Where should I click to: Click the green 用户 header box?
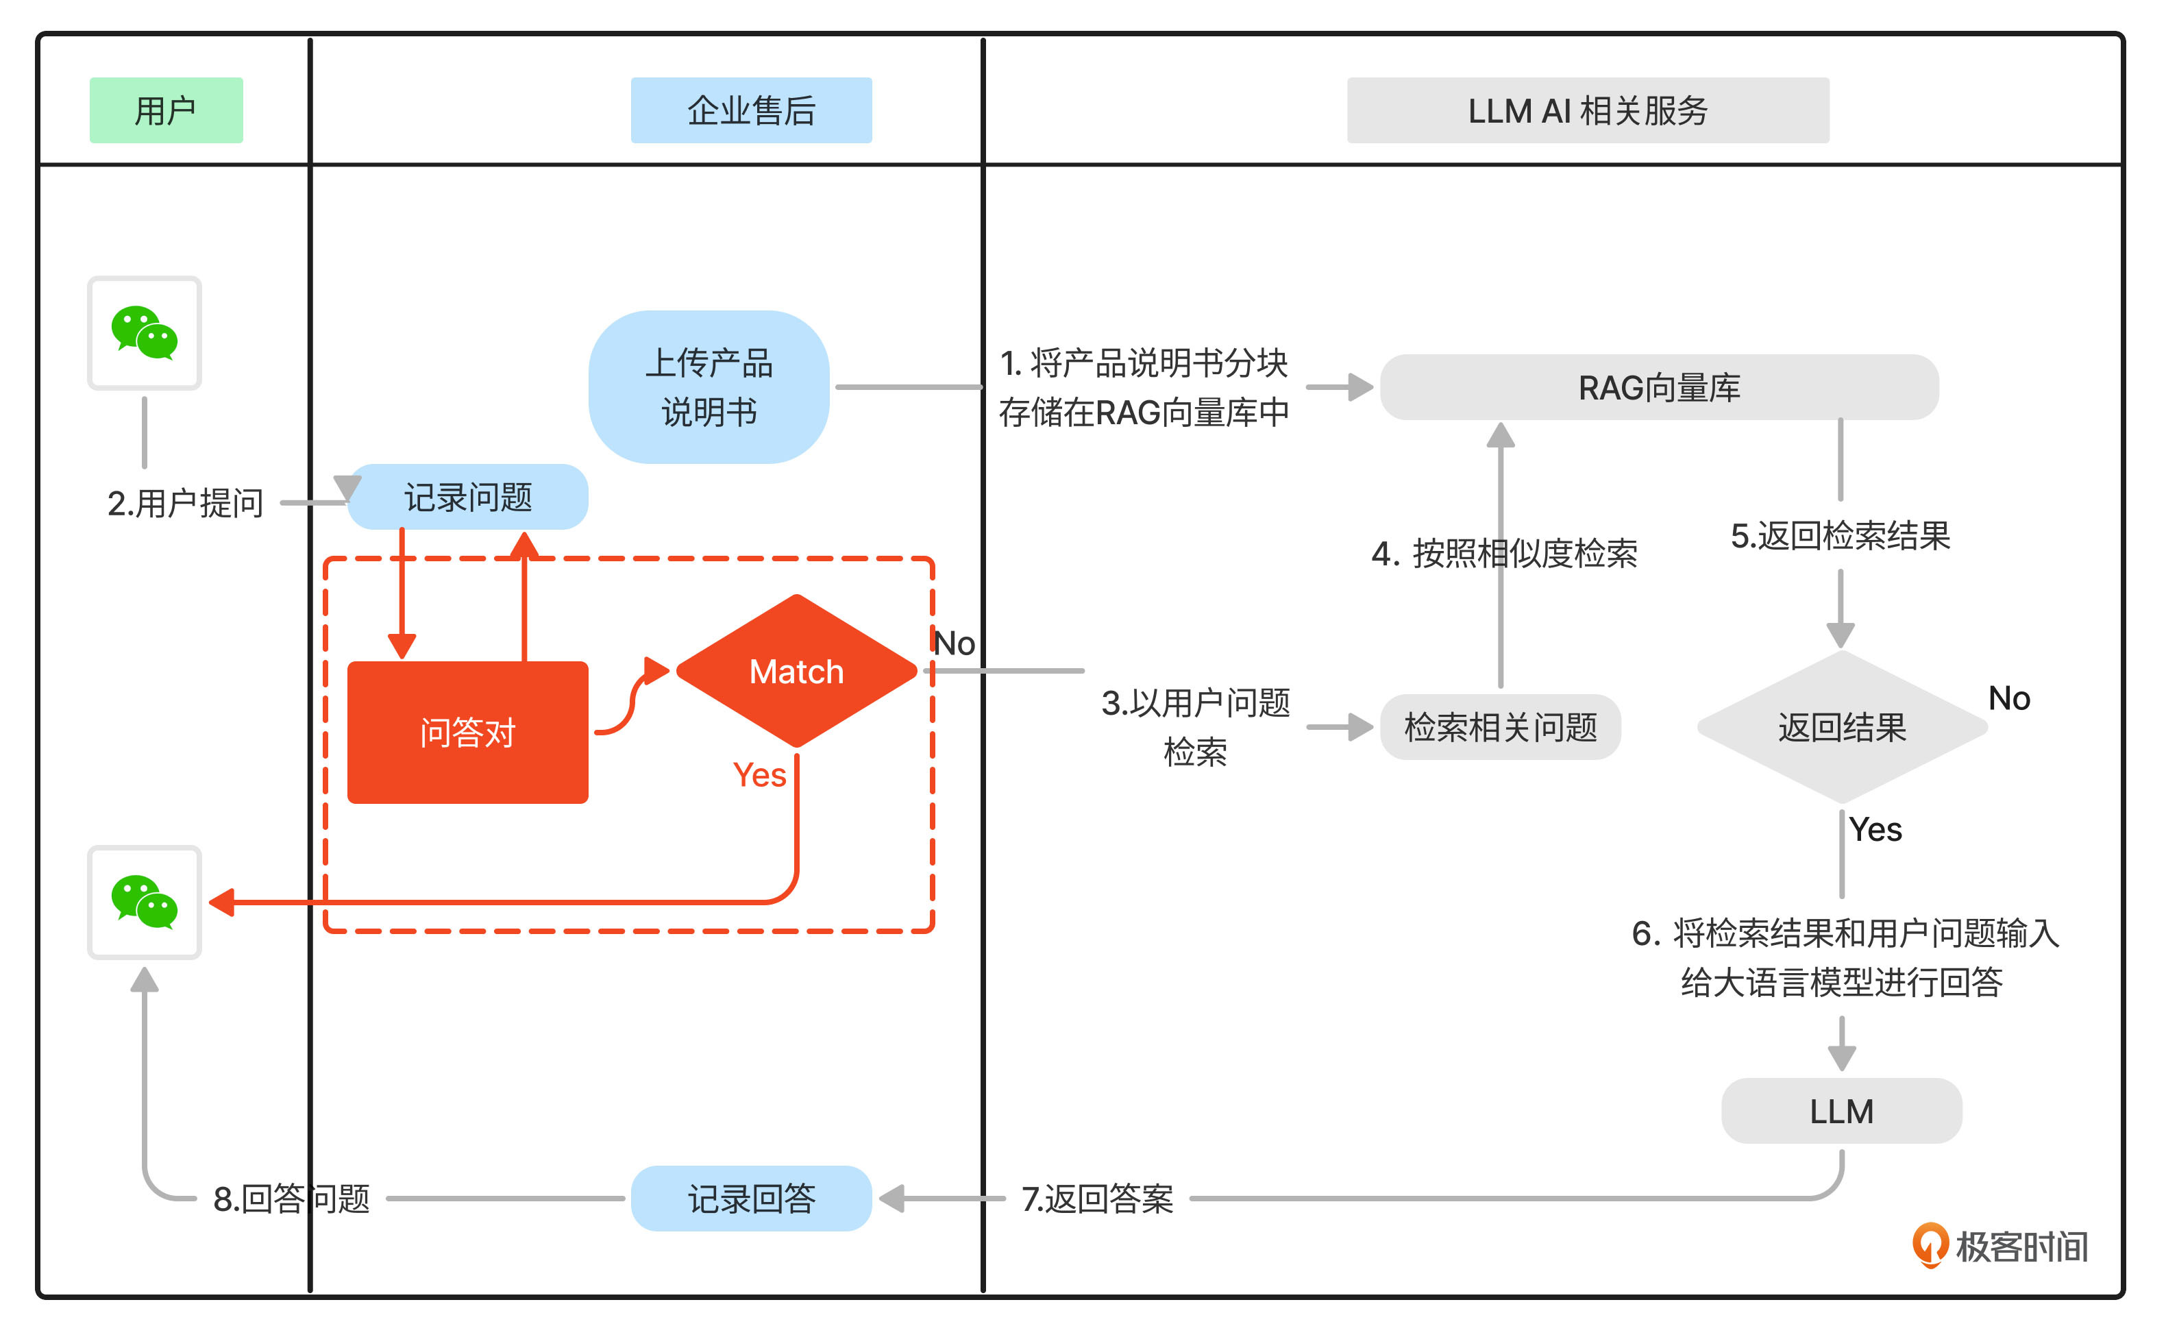[167, 110]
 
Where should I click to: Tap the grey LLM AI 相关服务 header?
[1587, 110]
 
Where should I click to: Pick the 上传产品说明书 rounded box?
[709, 387]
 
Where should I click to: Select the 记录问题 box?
[468, 497]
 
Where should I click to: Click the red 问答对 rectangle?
[468, 732]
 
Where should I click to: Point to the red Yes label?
[759, 774]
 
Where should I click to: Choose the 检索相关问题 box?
[1499, 727]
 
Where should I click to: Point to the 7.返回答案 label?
[1097, 1198]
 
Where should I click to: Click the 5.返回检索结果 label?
[1840, 535]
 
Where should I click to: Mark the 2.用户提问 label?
[186, 502]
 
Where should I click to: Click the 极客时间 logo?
[1999, 1246]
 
